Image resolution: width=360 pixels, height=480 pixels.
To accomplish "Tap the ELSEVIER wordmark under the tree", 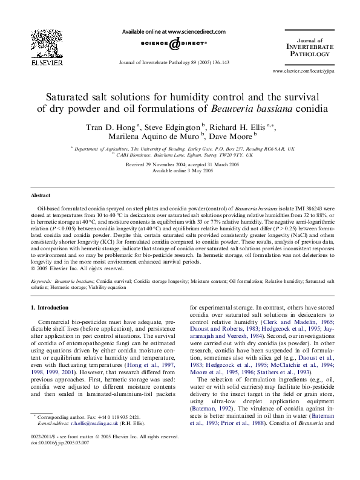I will click(47, 62).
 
